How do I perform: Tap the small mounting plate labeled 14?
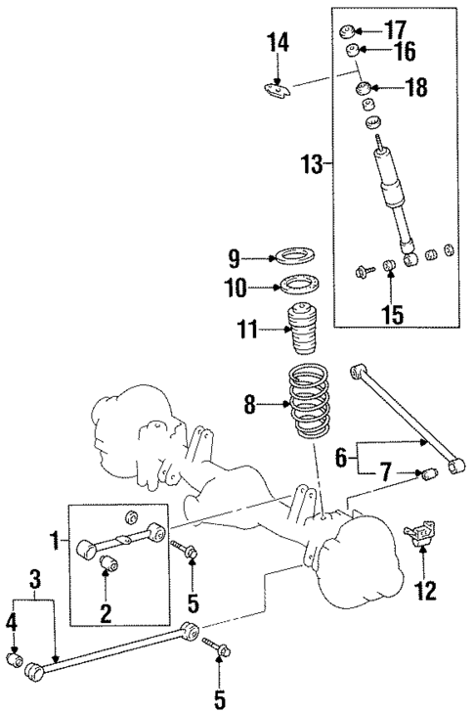tap(278, 92)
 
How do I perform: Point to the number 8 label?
tap(250, 401)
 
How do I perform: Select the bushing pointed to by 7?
tap(426, 476)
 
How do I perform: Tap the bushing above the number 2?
tap(110, 563)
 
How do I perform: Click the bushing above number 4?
tap(14, 659)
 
